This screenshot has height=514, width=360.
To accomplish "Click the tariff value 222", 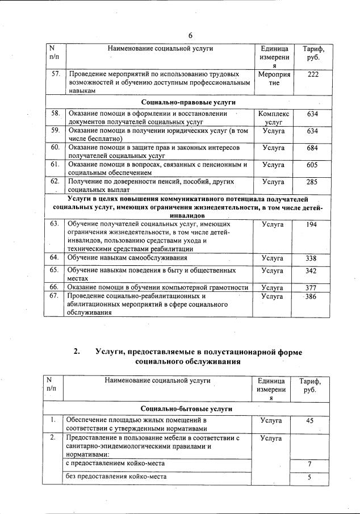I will [312, 74].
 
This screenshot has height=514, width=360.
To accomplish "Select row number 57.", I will [56, 74].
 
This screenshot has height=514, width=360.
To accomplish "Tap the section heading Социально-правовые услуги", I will [188, 102].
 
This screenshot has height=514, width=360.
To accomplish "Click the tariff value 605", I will [312, 165].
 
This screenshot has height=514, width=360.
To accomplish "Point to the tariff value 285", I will [312, 182].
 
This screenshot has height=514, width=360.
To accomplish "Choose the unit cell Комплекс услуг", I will [274, 118].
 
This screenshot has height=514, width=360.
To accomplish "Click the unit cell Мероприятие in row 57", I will [274, 78].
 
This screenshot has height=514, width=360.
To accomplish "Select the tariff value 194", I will [312, 225].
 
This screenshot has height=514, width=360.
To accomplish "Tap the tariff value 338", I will [312, 258].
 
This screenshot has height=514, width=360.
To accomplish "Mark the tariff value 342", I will [312, 271].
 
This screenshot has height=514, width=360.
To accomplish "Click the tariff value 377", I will [312, 287].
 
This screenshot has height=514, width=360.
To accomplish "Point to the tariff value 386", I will [312, 296].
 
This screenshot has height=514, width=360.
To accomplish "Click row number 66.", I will [55, 287].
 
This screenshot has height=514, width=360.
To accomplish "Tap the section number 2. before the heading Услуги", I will [77, 352].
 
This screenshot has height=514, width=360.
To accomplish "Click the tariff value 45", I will [310, 421].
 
